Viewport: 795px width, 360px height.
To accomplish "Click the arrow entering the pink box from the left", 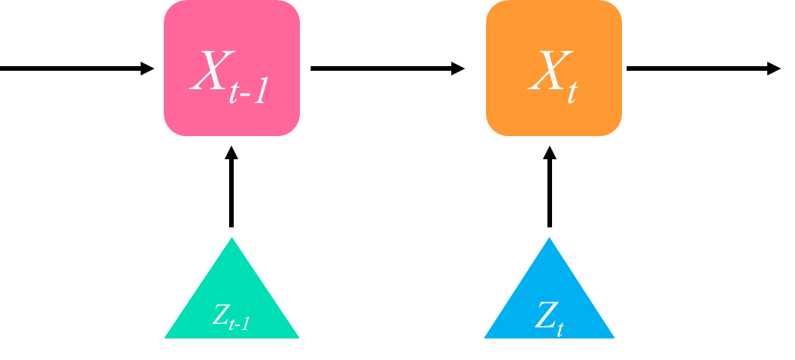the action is [x=73, y=68].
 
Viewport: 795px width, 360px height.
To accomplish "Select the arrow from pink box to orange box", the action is [x=384, y=68].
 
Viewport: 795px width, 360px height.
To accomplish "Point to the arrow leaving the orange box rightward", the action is [x=700, y=68].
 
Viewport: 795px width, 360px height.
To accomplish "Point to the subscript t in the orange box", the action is [x=572, y=91].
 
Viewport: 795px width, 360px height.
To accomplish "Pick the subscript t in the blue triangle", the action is [x=560, y=328].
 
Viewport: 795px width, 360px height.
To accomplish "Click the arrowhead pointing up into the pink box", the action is [x=231, y=152].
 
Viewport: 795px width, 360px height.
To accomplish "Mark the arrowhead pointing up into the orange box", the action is [x=549, y=152].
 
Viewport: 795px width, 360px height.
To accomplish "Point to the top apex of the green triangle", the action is [x=231, y=239].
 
